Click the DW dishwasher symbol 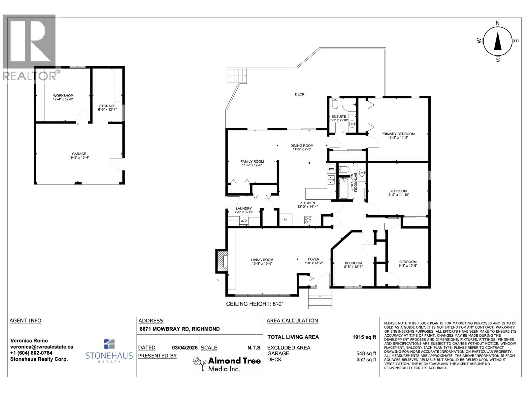tap(331, 169)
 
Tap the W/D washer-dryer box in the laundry tap(244, 220)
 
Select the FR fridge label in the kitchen tap(285, 220)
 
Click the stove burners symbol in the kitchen tap(308, 220)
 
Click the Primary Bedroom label tap(398, 134)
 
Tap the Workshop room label tap(63, 96)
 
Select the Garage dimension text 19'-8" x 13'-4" tap(79, 158)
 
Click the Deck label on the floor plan tap(300, 94)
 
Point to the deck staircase tap(236, 76)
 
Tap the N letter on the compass tap(498, 23)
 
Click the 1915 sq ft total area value tap(364, 337)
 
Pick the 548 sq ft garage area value tap(364, 353)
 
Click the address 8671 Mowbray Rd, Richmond tap(180, 329)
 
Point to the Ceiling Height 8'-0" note tap(255, 304)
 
